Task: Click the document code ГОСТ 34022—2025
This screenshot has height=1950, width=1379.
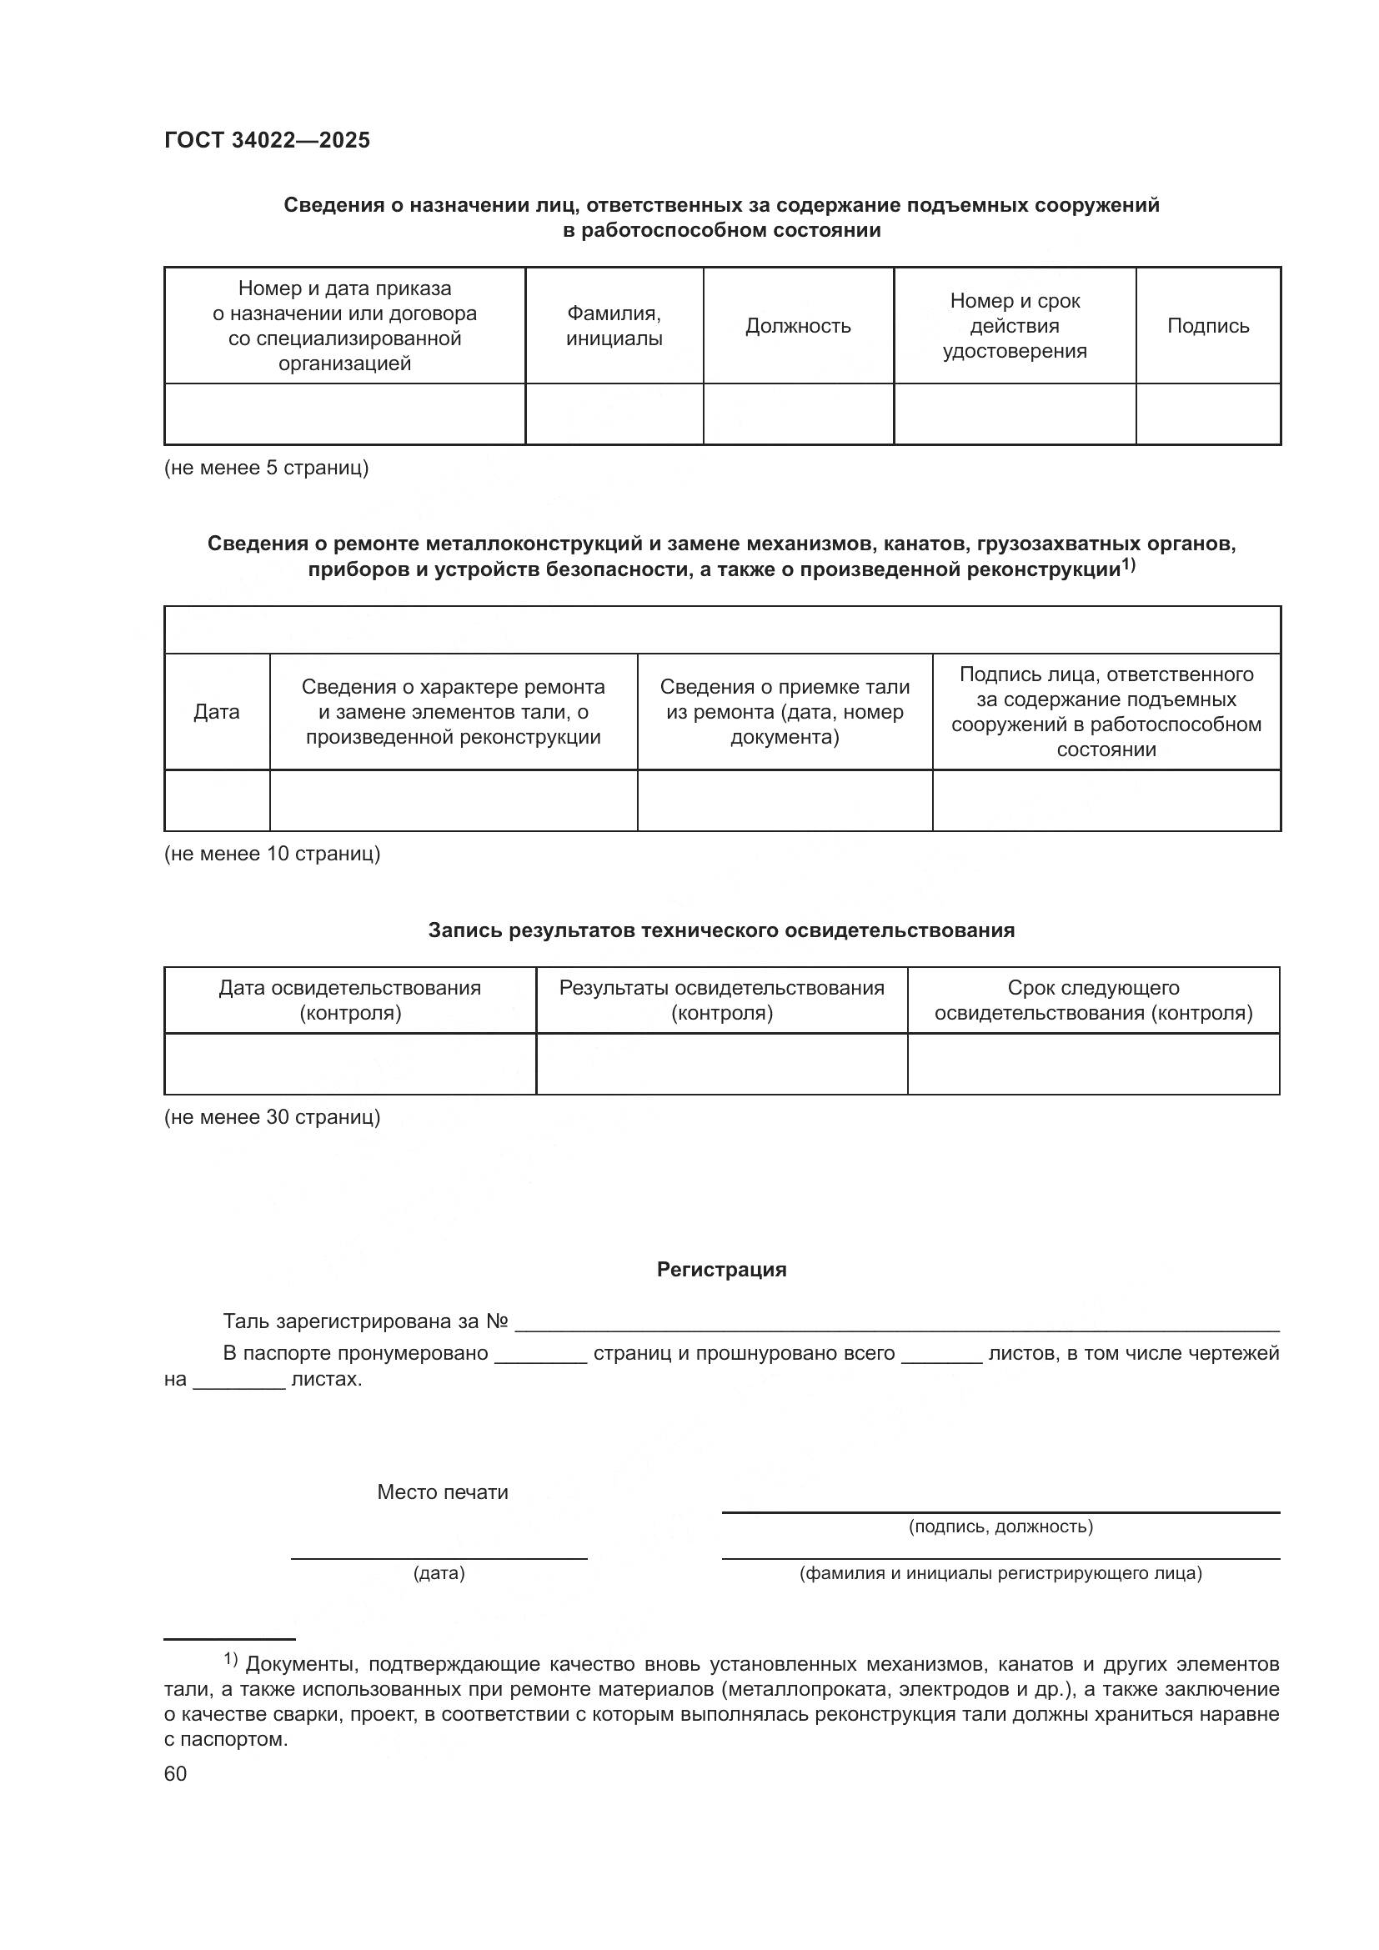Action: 268,141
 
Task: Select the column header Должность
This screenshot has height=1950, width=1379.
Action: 797,326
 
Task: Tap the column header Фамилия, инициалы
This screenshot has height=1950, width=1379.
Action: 614,326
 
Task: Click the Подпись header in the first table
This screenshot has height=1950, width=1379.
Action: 1207,326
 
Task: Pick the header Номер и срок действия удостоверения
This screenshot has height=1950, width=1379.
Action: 1014,326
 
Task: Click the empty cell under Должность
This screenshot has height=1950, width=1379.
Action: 797,414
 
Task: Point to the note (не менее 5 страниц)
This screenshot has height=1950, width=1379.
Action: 266,468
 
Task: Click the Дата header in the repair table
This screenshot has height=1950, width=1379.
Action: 217,712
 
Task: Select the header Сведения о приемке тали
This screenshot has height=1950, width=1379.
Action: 784,712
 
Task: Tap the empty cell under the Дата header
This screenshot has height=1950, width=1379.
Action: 217,800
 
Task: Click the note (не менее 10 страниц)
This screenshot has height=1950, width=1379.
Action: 272,854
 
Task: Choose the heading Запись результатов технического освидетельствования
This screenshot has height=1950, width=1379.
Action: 721,931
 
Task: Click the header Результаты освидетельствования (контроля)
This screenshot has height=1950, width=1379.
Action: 721,1000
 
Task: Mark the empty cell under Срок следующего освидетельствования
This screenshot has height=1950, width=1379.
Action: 1093,1064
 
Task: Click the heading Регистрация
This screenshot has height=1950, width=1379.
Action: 721,1270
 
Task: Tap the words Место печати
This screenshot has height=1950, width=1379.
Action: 443,1492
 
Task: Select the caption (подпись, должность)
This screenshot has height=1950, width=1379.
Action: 1000,1527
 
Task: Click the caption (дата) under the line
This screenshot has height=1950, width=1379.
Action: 439,1574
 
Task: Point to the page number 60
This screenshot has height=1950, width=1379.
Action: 175,1774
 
